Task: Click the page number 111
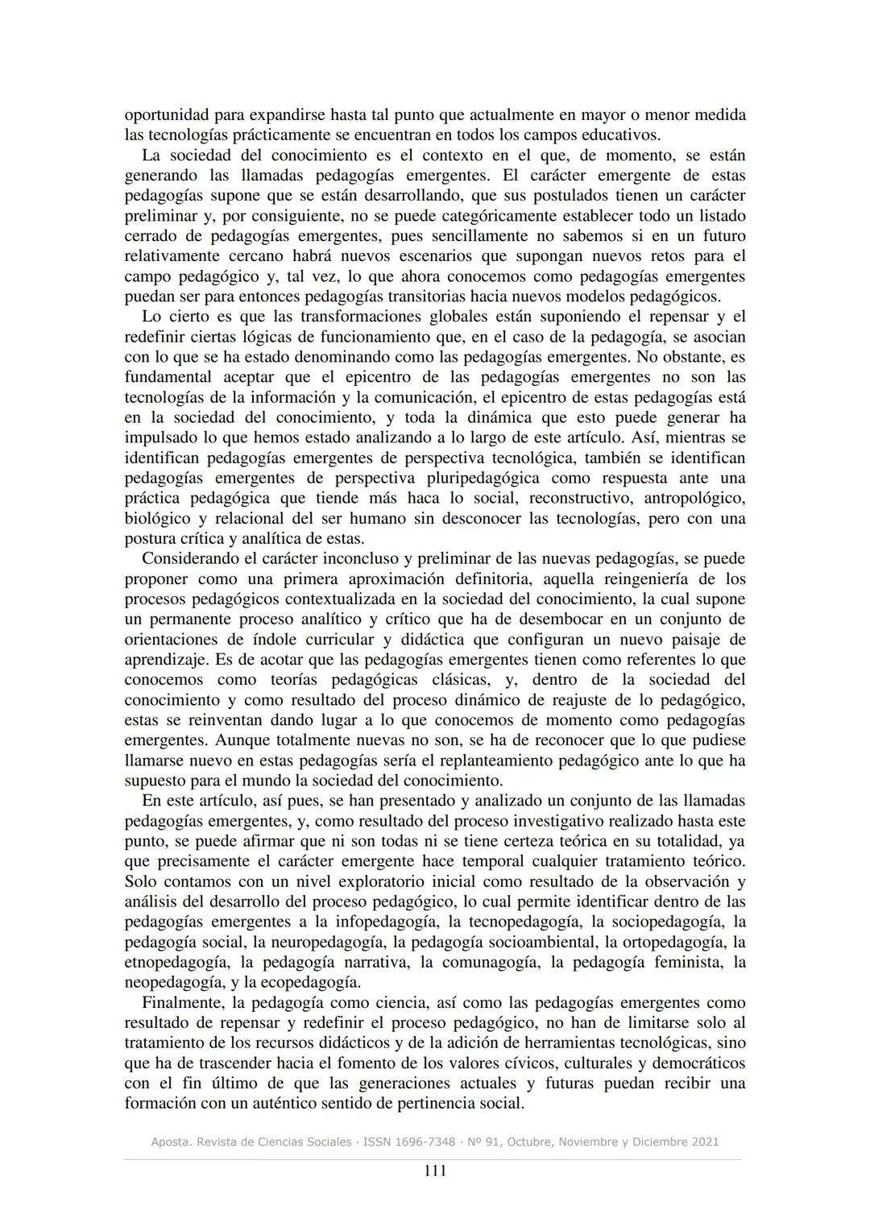(x=435, y=1171)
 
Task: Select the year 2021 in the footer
(x=703, y=1142)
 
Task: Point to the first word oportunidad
(x=170, y=115)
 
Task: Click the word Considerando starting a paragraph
(x=193, y=559)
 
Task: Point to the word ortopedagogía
(x=676, y=942)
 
